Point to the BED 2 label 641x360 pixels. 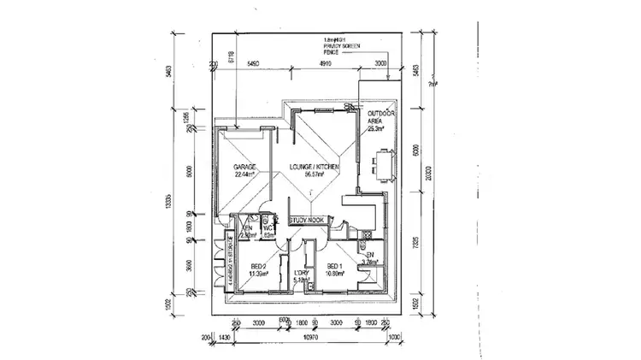coord(259,266)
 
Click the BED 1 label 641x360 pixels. coord(334,266)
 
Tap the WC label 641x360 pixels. coord(267,228)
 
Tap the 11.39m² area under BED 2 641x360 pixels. coord(259,274)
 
